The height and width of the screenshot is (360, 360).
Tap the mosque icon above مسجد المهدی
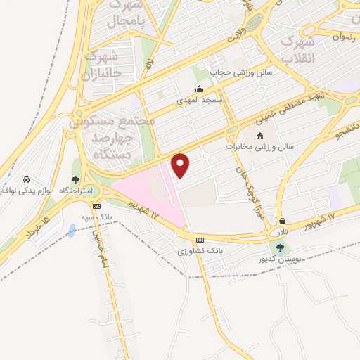tap(200, 89)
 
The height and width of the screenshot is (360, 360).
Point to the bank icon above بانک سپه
tap(96, 206)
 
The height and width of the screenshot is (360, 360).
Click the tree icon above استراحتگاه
tap(76, 181)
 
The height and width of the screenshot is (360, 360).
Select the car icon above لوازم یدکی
tap(26, 179)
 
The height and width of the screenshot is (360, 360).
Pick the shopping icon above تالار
tap(282, 221)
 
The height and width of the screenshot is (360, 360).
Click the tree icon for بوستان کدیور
tap(281, 247)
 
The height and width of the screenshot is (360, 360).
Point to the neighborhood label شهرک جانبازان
tap(102, 63)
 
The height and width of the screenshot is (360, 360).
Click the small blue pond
tap(72, 230)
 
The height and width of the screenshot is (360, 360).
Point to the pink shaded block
tap(148, 193)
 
